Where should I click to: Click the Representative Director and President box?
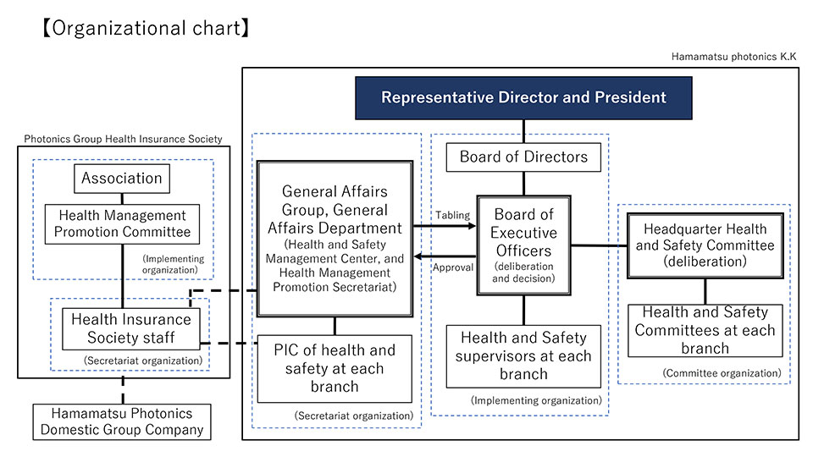(x=523, y=97)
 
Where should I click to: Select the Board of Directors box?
(x=523, y=157)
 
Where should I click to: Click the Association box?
(x=122, y=179)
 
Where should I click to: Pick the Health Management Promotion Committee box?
(x=122, y=224)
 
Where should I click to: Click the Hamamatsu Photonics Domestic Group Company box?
(x=123, y=421)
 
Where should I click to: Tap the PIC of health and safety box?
(x=335, y=368)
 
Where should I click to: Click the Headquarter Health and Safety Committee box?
(x=705, y=245)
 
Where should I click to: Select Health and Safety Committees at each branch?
(x=705, y=330)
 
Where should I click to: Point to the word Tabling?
(x=452, y=215)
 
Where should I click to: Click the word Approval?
(x=452, y=267)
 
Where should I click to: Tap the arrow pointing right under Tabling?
(x=444, y=227)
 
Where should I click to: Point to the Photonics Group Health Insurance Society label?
(x=123, y=139)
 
